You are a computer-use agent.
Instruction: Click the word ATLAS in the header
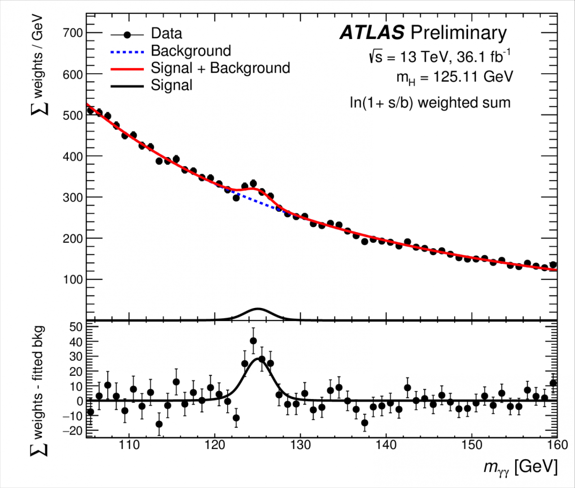point(372,33)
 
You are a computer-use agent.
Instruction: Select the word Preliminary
point(458,33)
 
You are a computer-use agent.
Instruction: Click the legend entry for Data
point(166,34)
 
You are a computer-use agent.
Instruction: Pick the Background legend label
point(191,51)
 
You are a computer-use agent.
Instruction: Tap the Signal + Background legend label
point(220,68)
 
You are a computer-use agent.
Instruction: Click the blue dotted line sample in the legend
point(127,52)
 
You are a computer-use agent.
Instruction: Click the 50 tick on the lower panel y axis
point(76,327)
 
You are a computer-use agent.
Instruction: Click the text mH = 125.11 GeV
point(454,77)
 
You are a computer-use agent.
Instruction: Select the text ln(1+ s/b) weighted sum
point(430,103)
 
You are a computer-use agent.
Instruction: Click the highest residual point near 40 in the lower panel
point(253,341)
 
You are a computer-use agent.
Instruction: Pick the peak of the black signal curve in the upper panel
point(257,309)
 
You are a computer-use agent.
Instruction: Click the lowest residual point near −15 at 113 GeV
point(159,424)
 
